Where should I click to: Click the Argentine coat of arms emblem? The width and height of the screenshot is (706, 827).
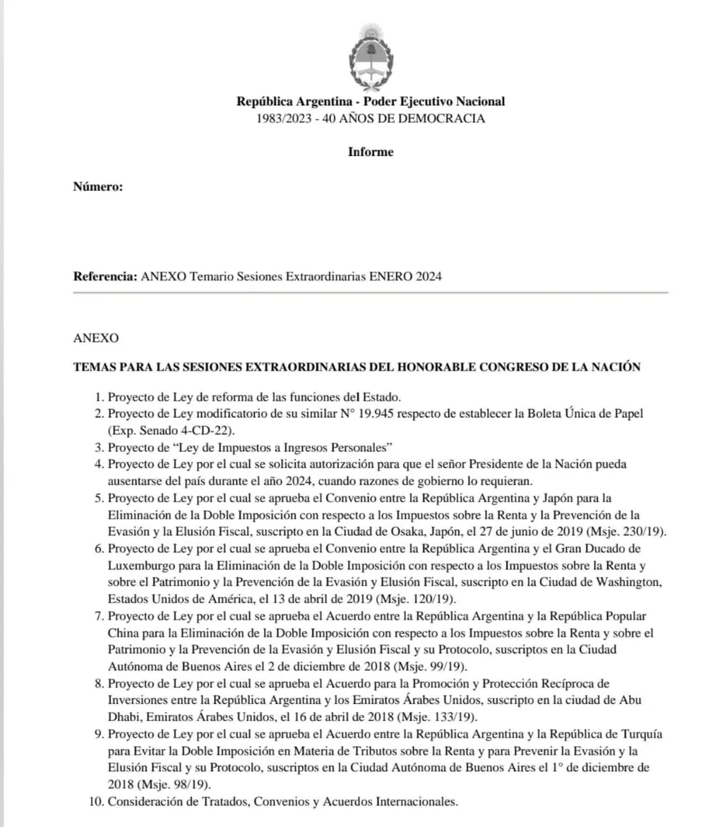(370, 56)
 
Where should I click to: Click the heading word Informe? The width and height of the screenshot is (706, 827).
(371, 152)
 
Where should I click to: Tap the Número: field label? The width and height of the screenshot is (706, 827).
(98, 186)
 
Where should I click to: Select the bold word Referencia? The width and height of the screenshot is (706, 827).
(105, 276)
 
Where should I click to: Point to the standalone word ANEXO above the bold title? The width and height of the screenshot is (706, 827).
(96, 338)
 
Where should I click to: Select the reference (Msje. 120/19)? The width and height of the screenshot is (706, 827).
(443, 599)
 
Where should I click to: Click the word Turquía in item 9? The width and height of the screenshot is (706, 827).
(643, 734)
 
